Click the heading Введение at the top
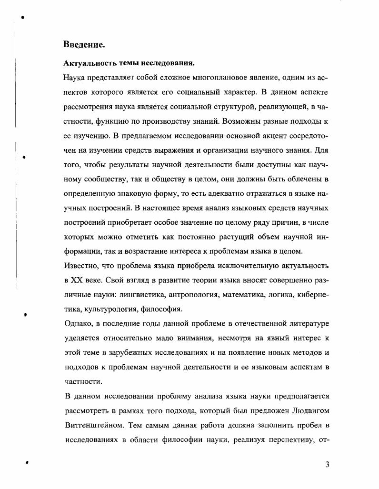click(x=84, y=45)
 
